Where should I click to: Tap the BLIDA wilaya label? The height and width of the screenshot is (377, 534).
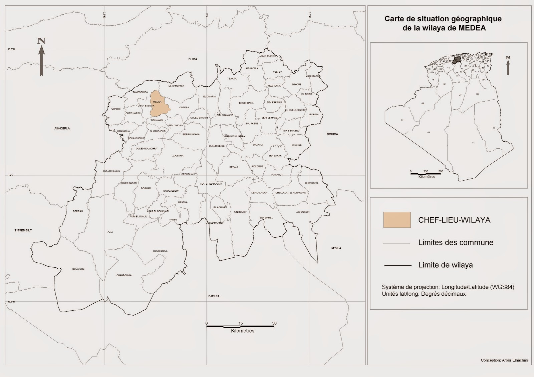click(x=193, y=59)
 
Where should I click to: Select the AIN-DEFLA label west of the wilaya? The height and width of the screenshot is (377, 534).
click(x=62, y=128)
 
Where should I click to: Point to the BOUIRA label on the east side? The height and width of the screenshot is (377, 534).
click(x=332, y=134)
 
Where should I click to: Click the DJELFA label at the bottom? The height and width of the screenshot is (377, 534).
click(x=214, y=296)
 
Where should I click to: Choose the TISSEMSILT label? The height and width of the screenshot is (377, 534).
click(x=23, y=230)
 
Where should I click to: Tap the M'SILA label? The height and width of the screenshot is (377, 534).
click(x=336, y=248)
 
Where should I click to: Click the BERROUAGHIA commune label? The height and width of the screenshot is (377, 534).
click(x=191, y=134)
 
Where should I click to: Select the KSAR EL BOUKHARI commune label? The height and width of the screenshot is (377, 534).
click(x=158, y=211)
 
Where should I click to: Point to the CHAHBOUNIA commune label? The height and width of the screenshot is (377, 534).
click(x=124, y=275)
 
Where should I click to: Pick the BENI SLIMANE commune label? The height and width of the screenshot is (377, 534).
click(x=269, y=118)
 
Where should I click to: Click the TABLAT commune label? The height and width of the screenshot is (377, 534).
click(x=277, y=72)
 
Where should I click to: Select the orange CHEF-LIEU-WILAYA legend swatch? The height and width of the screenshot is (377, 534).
click(x=397, y=220)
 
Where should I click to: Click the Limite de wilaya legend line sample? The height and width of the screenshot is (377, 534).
click(x=397, y=265)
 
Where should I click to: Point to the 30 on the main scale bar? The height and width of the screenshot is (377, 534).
click(x=274, y=323)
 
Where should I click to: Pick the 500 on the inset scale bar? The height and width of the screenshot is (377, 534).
click(x=441, y=171)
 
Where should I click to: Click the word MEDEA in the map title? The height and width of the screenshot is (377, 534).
click(x=472, y=28)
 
